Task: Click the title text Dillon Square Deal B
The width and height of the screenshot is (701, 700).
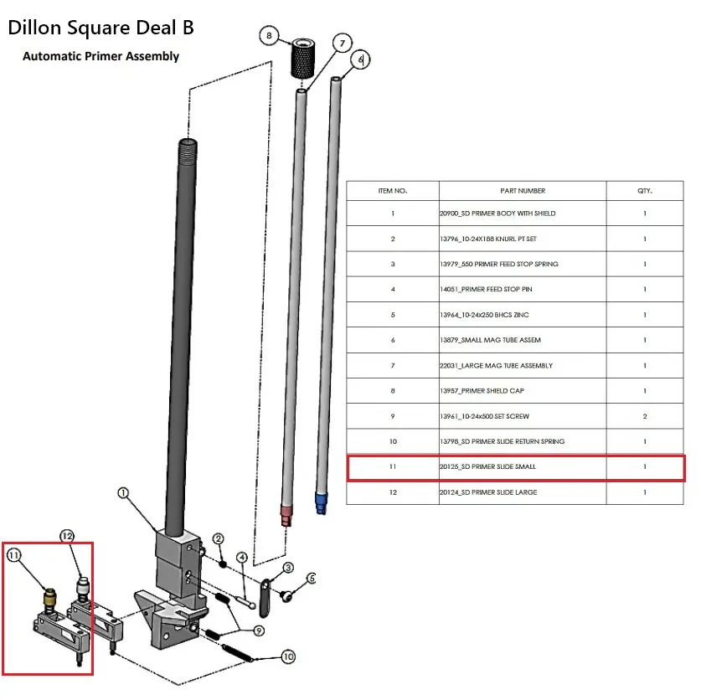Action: [101, 27]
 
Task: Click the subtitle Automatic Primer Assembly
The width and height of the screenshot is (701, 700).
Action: [101, 56]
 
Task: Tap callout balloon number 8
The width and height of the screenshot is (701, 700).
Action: [269, 36]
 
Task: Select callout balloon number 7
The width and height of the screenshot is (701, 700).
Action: [341, 43]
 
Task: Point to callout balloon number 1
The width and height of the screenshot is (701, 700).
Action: [122, 494]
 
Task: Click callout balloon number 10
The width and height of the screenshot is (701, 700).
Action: [288, 657]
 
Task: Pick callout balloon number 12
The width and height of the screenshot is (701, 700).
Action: [67, 536]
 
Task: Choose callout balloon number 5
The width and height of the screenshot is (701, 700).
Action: [312, 578]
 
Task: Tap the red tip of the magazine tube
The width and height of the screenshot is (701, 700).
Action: [286, 512]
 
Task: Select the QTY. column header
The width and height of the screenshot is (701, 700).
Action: [644, 191]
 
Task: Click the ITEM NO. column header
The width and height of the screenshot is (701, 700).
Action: [392, 191]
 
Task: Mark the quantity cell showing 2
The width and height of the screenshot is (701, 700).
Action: [644, 416]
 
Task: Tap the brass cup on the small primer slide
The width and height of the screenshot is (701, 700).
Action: [49, 597]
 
